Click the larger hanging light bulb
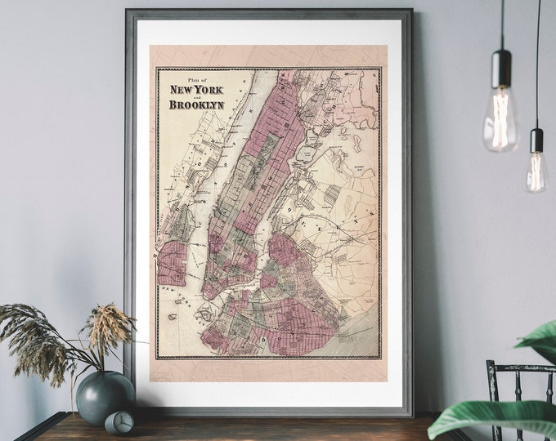click(500, 122)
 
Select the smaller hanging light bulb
click(536, 170)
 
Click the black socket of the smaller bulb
click(536, 140)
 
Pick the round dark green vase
click(105, 396)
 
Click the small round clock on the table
click(119, 421)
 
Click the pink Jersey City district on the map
click(173, 262)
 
